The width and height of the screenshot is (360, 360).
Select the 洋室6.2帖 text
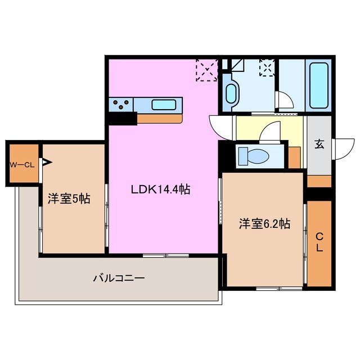[x=264, y=224]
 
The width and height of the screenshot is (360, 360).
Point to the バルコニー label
[x=119, y=277]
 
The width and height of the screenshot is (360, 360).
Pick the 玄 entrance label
[x=319, y=144]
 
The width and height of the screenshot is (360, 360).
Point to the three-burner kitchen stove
[x=123, y=104]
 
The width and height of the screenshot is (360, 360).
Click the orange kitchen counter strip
[x=160, y=119]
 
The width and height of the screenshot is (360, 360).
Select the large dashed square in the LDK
[x=206, y=70]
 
